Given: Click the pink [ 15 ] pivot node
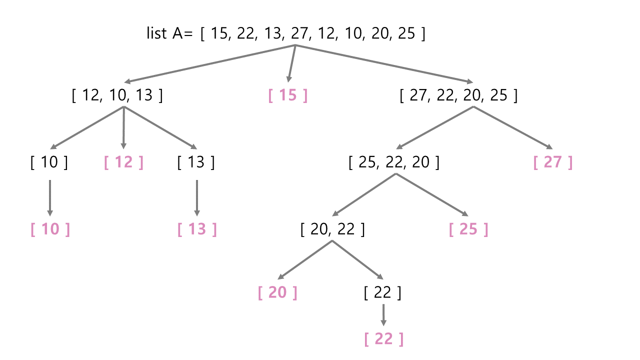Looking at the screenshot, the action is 288,95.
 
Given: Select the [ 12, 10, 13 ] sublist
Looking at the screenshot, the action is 117,95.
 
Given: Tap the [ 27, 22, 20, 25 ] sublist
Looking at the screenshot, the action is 458,95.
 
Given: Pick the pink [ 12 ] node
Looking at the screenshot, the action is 123,162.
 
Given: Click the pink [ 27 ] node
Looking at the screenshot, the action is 552,162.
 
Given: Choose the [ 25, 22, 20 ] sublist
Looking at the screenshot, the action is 394,162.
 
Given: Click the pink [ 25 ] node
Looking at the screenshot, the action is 468,229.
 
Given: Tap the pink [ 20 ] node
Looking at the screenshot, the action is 277,292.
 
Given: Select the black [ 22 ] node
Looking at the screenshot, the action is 382,292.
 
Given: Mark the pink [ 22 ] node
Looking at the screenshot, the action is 383,339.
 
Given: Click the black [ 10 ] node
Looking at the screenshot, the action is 49,162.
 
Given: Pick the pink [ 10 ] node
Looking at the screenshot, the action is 50,229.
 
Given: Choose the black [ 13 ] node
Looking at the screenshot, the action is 196,162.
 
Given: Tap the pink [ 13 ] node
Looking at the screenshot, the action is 197,229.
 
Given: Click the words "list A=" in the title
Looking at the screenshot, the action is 169,33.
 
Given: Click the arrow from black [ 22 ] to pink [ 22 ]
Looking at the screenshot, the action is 383,314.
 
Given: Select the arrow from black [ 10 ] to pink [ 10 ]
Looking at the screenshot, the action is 49,197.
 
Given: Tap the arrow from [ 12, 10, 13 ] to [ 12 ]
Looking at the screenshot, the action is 123,127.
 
